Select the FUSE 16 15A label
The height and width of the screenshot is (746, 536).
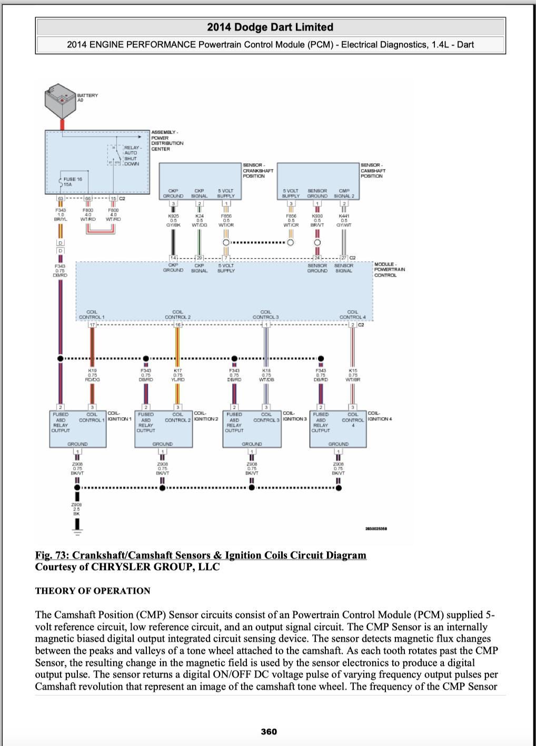[72, 182]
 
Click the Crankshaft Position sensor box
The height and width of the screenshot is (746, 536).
[200, 181]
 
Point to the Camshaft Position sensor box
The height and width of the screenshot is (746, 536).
[317, 181]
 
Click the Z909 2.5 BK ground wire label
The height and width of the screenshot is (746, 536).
[77, 508]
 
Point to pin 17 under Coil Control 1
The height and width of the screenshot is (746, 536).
[92, 325]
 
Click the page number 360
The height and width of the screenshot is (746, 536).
[269, 731]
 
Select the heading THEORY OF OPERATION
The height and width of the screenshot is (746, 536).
[93, 591]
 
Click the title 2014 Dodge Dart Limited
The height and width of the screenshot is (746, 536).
[270, 27]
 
